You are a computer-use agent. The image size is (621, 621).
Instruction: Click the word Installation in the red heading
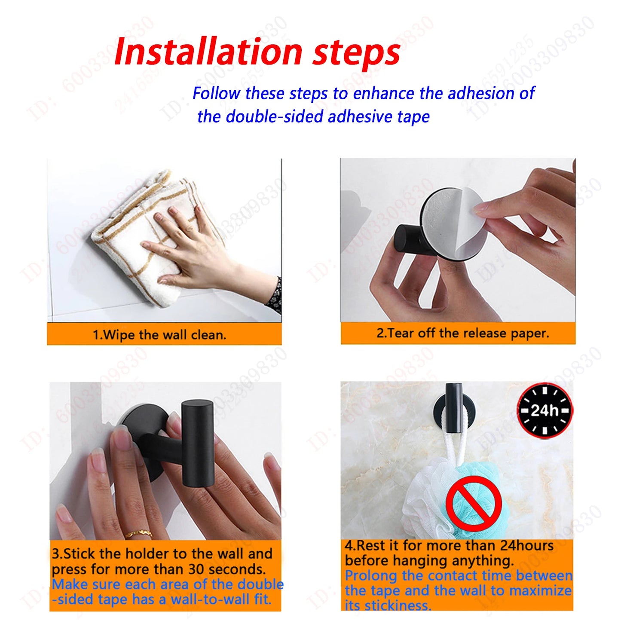click(x=208, y=52)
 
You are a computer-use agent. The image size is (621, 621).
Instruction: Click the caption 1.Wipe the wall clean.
click(x=159, y=335)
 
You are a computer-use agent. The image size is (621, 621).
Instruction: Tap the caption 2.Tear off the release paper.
click(x=463, y=333)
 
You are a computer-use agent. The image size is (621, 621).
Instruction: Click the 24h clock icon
click(x=545, y=410)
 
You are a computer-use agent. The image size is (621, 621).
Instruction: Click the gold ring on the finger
click(x=139, y=535)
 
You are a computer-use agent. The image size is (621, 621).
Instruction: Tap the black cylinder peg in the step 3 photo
click(x=198, y=443)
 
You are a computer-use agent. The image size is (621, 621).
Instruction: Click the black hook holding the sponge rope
click(x=454, y=409)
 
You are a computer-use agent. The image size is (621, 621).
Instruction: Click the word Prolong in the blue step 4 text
click(x=371, y=575)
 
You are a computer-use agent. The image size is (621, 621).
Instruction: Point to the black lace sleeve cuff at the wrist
click(x=275, y=297)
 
